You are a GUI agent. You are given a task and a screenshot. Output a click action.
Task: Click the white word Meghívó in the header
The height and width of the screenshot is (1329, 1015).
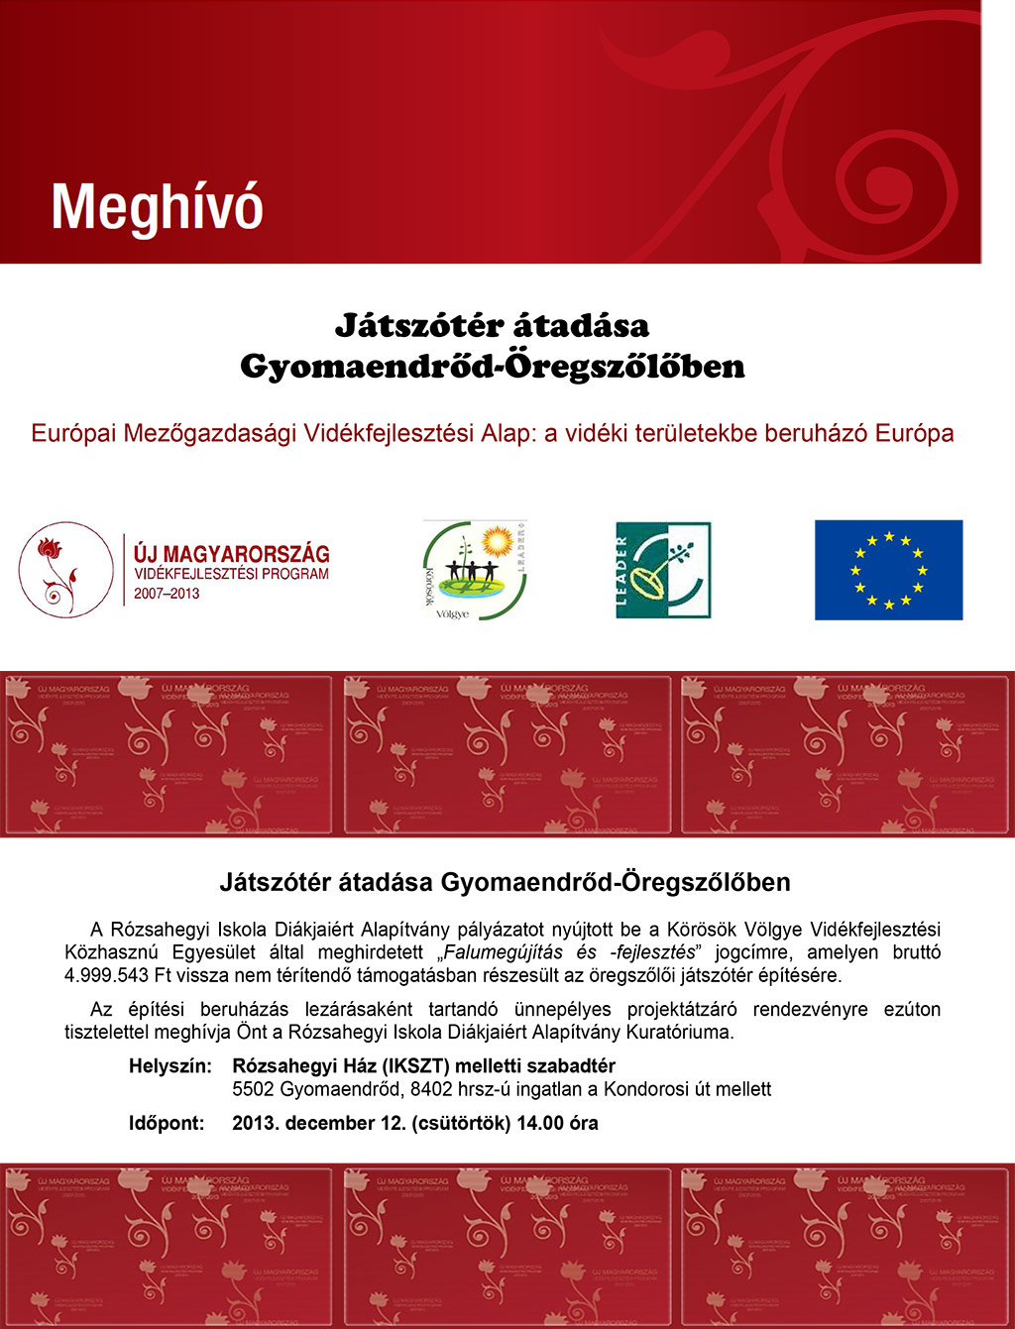pyautogui.click(x=157, y=208)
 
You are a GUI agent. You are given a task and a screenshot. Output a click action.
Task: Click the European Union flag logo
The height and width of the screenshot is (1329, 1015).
pyautogui.click(x=888, y=570)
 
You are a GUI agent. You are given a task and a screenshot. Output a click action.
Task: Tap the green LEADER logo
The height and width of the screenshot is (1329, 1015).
pyautogui.click(x=663, y=570)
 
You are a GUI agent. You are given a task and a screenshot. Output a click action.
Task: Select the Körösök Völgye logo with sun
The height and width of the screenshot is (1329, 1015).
pyautogui.click(x=474, y=570)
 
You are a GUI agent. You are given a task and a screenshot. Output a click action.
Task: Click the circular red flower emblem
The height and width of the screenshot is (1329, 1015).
pyautogui.click(x=65, y=570)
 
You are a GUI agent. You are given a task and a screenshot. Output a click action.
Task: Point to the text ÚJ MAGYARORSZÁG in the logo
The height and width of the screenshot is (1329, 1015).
pyautogui.click(x=231, y=554)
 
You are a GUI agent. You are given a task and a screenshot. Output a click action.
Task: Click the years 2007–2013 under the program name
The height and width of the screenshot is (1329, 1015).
pyautogui.click(x=167, y=594)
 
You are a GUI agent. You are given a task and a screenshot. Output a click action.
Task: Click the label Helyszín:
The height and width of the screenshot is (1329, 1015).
pyautogui.click(x=169, y=1066)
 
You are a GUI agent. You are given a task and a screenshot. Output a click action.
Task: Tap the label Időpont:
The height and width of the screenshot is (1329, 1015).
pyautogui.click(x=167, y=1124)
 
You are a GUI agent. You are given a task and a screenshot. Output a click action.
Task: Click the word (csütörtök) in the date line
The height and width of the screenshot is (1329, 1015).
pyautogui.click(x=461, y=1124)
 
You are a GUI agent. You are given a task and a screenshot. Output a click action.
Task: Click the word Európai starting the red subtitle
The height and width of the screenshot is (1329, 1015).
pyautogui.click(x=74, y=433)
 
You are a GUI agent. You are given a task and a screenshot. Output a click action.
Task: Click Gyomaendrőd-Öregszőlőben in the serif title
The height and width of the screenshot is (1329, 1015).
pyautogui.click(x=492, y=367)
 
